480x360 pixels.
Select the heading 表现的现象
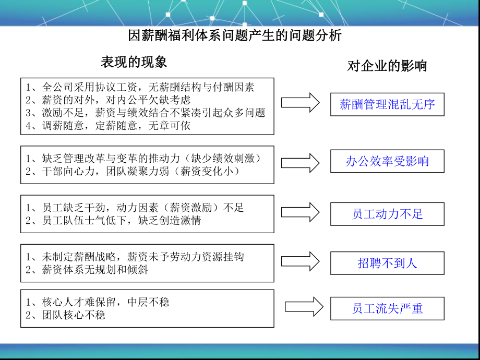[x=134, y=62]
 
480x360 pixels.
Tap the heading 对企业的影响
[x=387, y=66]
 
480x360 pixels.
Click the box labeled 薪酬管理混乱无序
[x=387, y=104]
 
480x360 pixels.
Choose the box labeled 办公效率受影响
[x=387, y=161]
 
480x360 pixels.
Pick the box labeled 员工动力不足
[x=387, y=214]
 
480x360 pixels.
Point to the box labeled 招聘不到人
[x=387, y=263]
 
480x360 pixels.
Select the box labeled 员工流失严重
[x=387, y=308]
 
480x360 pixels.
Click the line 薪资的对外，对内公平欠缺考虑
[x=107, y=100]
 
